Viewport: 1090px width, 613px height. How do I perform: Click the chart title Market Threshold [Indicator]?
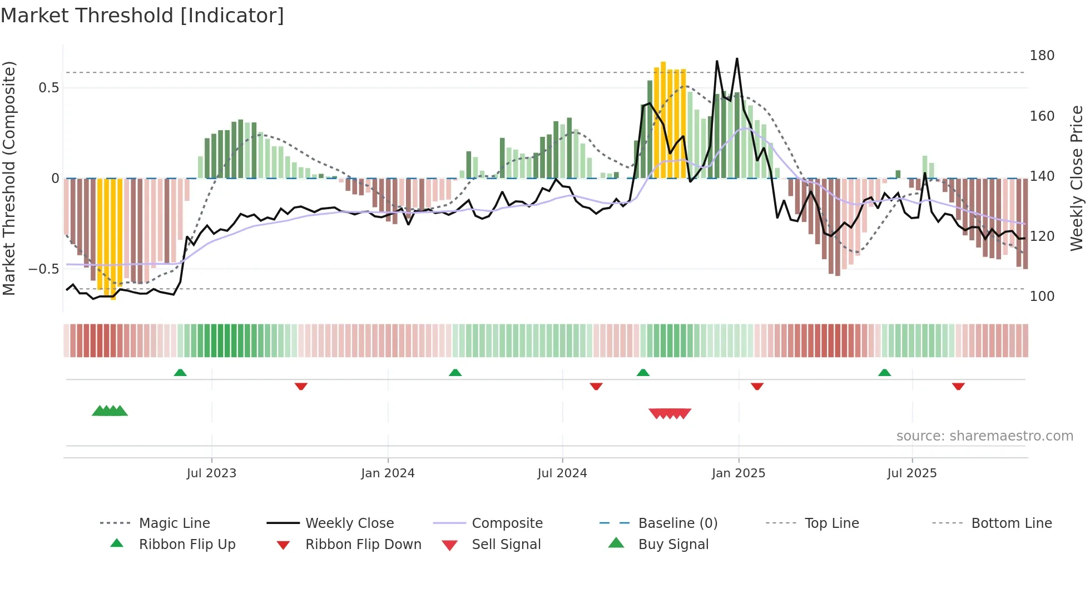click(142, 16)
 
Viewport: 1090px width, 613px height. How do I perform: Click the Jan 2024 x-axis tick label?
click(388, 473)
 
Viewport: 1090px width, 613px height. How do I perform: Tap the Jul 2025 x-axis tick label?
click(911, 473)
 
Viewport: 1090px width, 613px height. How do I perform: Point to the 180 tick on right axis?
click(1042, 56)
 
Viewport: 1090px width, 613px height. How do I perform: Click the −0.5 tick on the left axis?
click(43, 269)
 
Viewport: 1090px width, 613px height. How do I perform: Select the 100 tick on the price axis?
click(1042, 296)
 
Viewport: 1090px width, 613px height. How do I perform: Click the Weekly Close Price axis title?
click(1077, 178)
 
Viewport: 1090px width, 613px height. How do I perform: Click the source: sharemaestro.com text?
click(984, 436)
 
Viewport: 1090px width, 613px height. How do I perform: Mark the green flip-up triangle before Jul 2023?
click(180, 373)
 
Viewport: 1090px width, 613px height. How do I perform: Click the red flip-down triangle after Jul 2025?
click(958, 386)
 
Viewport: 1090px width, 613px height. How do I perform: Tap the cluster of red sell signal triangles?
click(670, 413)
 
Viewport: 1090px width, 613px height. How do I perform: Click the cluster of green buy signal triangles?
click(110, 411)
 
